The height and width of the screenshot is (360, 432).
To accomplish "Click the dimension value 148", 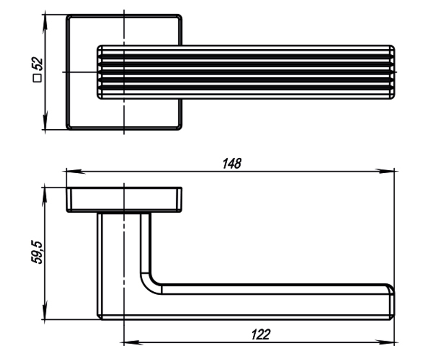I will tap(232, 164).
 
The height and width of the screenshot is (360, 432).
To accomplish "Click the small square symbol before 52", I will tap(38, 78).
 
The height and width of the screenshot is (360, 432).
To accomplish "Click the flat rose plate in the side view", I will tap(124, 200).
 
